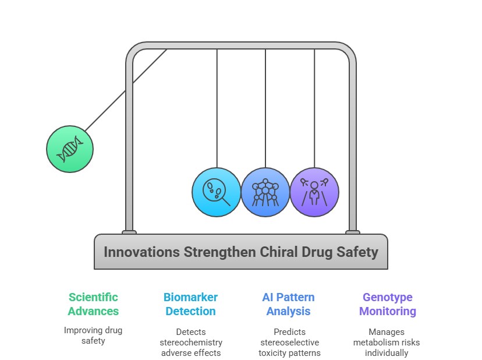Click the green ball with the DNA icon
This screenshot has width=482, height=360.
coord(70,149)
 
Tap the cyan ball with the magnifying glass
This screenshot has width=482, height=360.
coord(217,192)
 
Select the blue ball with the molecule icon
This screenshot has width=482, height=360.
coord(265,192)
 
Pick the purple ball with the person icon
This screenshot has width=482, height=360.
coord(314,192)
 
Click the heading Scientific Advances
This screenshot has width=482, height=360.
coord(93,304)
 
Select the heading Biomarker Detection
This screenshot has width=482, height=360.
coord(190,304)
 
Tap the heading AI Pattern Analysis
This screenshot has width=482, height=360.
coord(288,304)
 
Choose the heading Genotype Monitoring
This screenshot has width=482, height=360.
coord(388,304)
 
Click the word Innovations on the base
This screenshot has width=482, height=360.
coord(141,252)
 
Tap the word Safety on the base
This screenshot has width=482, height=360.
coord(357,253)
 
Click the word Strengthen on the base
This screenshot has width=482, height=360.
coord(220,252)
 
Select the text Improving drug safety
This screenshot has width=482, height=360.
coord(93,336)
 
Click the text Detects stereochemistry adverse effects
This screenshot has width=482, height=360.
coord(191,342)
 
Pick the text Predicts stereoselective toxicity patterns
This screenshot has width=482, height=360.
coord(289,342)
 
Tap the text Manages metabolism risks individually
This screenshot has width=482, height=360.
coord(387,342)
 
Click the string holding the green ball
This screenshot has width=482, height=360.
coord(126,90)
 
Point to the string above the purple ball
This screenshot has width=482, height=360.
coord(314,108)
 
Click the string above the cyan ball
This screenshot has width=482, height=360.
coord(217,108)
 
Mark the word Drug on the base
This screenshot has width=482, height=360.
coord(317,253)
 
